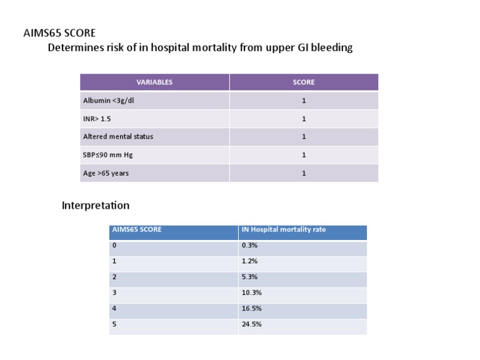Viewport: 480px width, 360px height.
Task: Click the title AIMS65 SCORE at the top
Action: (x=59, y=32)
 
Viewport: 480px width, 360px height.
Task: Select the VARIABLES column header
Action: (x=154, y=82)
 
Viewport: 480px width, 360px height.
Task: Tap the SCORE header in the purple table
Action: (x=304, y=82)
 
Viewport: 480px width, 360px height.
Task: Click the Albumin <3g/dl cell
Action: (x=109, y=101)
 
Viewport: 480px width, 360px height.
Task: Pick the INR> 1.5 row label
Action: (x=97, y=119)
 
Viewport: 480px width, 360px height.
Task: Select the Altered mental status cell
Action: (x=118, y=136)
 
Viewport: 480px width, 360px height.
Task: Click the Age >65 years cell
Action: (x=106, y=173)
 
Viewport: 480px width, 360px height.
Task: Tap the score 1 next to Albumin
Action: (x=304, y=101)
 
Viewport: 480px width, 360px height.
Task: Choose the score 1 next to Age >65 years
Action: (x=304, y=173)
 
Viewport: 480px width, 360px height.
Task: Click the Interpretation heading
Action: (x=96, y=205)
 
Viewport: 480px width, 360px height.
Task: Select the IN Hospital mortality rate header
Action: (x=283, y=229)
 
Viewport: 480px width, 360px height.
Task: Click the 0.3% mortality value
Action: (x=249, y=246)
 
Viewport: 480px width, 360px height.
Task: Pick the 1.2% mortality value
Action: (x=249, y=261)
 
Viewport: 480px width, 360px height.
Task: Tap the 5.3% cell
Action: (x=249, y=277)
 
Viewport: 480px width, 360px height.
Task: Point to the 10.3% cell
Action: (x=251, y=292)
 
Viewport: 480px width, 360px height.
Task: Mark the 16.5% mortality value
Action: (x=251, y=308)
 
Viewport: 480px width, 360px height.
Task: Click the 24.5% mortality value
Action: (x=251, y=324)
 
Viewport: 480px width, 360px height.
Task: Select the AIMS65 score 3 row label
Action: (x=114, y=292)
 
